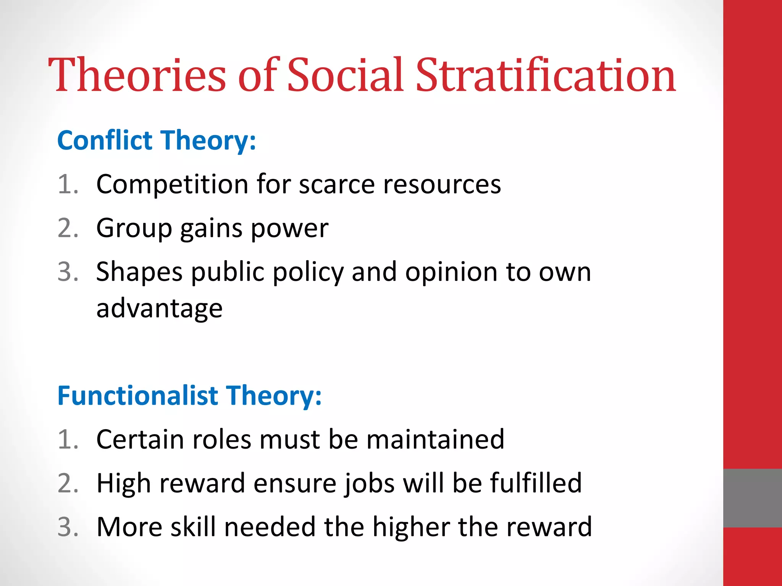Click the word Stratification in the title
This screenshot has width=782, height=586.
point(546,75)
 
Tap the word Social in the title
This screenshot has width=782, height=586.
point(345,75)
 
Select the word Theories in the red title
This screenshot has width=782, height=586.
point(137,75)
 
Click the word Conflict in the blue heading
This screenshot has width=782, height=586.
point(105,140)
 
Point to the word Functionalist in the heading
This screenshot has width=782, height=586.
point(137,395)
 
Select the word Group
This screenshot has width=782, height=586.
point(134,228)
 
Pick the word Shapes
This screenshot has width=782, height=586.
point(139,272)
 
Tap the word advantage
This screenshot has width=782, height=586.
point(159,308)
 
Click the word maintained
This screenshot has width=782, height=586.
point(435,439)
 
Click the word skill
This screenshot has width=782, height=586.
point(193,526)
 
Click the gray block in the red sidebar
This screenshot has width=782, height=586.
point(752,498)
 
